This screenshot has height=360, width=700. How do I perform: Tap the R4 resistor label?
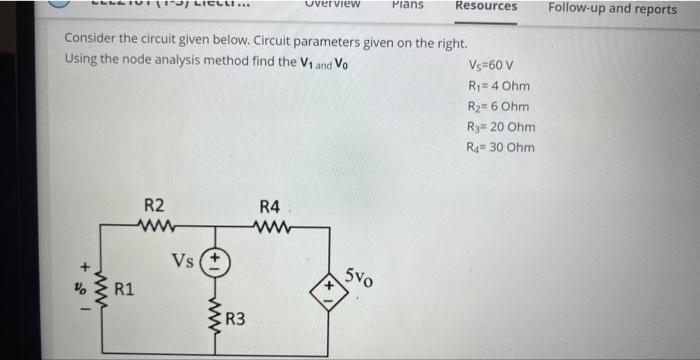pos(269,207)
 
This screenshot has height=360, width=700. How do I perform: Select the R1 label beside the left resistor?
pos(124,291)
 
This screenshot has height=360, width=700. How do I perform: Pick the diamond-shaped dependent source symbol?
pos(329,287)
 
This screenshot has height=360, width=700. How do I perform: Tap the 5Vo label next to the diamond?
pos(360,276)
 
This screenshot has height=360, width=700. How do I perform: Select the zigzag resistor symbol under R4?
pos(272,226)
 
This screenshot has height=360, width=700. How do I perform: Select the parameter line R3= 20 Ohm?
pos(501,127)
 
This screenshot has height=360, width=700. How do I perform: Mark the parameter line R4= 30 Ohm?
pos(501,148)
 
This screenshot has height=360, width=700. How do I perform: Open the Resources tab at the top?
pos(486,6)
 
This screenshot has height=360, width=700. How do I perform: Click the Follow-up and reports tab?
pos(612,8)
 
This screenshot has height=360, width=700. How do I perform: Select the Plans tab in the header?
pos(407,5)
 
